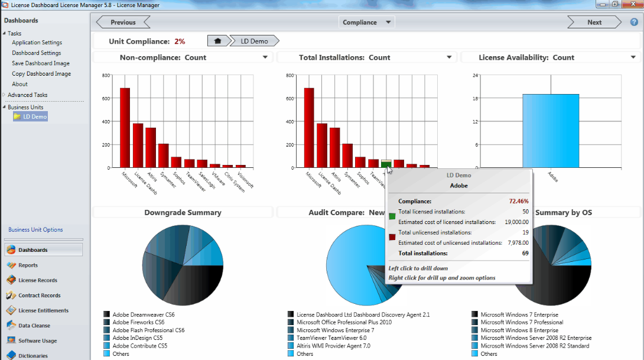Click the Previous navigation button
point(123,22)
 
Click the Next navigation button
point(594,22)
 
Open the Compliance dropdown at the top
point(367,22)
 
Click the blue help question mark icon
point(634,22)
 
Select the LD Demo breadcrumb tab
point(254,41)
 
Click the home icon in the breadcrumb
point(217,41)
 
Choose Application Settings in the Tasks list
point(37,43)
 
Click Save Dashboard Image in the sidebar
point(40,63)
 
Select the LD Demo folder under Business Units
point(35,117)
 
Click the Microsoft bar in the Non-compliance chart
point(125,128)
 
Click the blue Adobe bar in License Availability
point(550,131)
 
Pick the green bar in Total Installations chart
point(386,164)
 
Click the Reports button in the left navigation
point(28,265)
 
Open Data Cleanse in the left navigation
point(34,326)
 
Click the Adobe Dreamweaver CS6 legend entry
point(143,315)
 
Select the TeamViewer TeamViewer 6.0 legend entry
point(331,338)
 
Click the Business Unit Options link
point(35,230)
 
